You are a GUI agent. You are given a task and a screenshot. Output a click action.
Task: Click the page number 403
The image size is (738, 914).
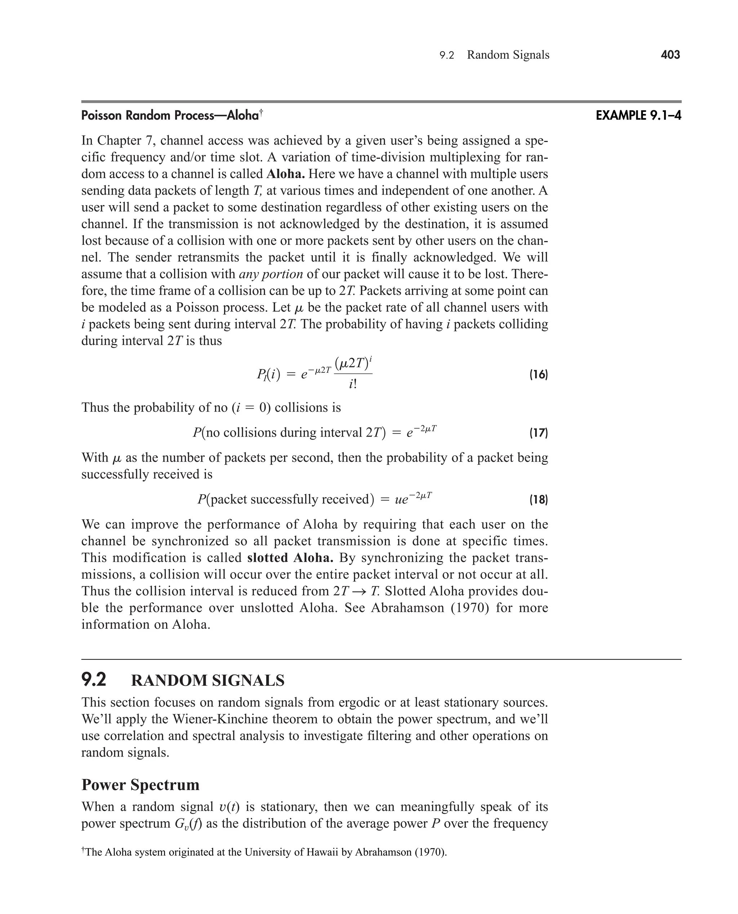click(670, 54)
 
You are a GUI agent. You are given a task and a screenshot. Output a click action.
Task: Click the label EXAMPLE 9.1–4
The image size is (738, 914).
click(638, 115)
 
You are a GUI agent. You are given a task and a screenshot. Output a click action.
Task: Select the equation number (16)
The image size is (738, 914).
click(538, 375)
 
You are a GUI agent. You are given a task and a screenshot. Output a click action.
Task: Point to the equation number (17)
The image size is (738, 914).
click(538, 433)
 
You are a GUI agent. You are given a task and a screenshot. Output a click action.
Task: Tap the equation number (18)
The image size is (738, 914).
click(538, 499)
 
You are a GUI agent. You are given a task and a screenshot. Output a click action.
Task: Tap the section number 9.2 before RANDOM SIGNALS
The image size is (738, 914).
click(94, 680)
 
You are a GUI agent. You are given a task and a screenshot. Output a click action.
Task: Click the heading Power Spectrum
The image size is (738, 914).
click(140, 784)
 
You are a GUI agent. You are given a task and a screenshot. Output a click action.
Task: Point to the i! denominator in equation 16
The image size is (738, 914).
click(353, 384)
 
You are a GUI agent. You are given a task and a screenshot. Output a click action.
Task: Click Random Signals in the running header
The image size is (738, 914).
click(508, 55)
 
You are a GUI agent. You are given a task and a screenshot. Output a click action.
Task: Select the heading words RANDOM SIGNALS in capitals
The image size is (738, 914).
click(208, 680)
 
